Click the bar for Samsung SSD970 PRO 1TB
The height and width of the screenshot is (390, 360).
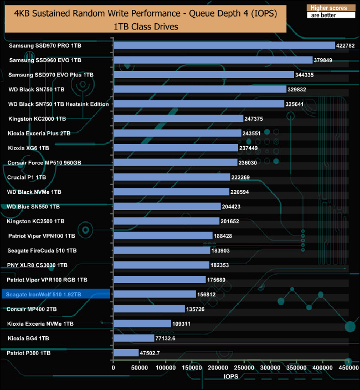pos(224,45)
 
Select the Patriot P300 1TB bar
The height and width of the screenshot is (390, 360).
pos(126,353)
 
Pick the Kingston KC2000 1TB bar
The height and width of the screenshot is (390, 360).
pos(178,119)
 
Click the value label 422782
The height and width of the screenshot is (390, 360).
pos(347,45)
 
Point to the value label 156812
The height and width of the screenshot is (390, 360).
pos(208,294)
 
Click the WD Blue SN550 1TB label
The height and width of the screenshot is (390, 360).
pos(33,207)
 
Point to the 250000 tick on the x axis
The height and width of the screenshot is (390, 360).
pos(244,367)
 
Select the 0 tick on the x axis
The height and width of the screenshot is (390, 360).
pos(114,367)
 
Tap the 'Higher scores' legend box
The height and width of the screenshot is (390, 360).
pos(329,8)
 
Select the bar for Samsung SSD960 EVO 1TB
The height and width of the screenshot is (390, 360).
pos(213,60)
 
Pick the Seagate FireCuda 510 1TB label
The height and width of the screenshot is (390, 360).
pos(42,250)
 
